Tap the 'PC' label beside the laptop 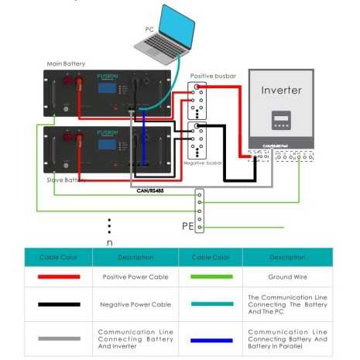coord(150,29)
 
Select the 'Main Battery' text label coord(66,63)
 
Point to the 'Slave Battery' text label coord(65,180)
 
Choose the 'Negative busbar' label coord(203,163)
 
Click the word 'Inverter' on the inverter coord(281,91)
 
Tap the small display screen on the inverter coord(280,121)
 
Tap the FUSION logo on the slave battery coord(108,132)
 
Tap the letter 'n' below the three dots coord(109,242)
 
